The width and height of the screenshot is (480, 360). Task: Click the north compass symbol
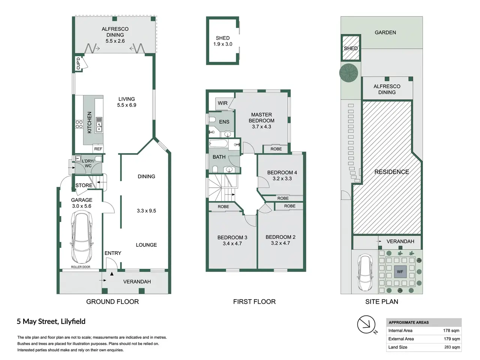tap(366, 325)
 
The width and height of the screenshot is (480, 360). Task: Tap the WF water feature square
tap(400, 272)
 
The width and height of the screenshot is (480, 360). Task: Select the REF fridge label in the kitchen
tap(98, 149)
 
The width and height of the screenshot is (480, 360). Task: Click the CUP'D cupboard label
tap(78, 63)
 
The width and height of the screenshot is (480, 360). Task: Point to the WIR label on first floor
tap(223, 103)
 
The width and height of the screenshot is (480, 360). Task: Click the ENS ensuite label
tap(224, 122)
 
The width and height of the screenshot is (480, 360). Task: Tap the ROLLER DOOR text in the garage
tap(81, 267)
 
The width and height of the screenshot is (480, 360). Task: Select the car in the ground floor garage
tap(82, 237)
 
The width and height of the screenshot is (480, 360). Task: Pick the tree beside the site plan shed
tap(349, 73)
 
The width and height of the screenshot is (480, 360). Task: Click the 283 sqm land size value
tap(452, 347)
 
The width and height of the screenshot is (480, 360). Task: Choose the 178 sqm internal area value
tap(451, 330)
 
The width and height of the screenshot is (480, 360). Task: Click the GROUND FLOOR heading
tap(112, 301)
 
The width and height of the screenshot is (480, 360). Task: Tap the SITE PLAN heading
tap(382, 301)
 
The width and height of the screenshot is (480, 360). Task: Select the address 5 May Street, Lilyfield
tap(51, 321)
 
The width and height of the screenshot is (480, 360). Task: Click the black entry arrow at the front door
tap(112, 274)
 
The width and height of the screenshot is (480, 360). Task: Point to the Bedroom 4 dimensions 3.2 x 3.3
tap(282, 178)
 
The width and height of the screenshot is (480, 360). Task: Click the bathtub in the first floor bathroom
tap(219, 144)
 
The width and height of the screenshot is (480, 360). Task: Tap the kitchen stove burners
tap(79, 124)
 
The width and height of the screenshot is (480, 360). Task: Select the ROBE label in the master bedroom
tap(276, 149)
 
